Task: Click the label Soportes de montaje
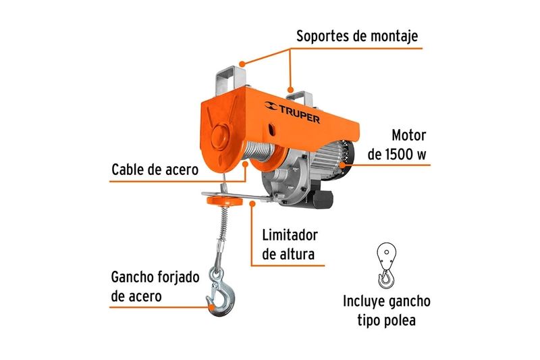click(357, 36)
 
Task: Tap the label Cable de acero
click(155, 170)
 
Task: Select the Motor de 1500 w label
click(397, 145)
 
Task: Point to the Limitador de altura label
click(290, 245)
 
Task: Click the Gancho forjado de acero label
click(155, 286)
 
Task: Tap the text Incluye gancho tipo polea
click(386, 311)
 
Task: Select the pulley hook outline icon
click(386, 265)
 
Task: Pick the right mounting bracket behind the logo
click(299, 97)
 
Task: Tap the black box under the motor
click(323, 199)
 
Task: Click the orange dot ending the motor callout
click(342, 165)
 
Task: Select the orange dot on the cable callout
click(245, 163)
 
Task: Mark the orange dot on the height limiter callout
click(252, 204)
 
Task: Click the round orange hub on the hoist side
click(219, 136)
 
